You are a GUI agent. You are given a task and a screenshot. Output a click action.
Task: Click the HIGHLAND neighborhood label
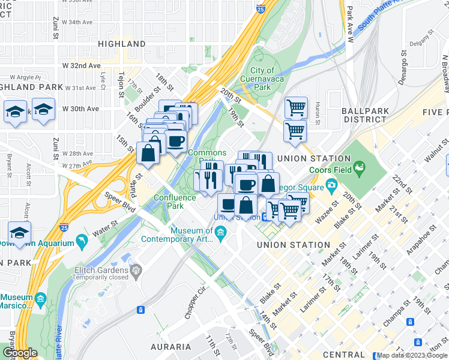pyautogui.click(x=122, y=44)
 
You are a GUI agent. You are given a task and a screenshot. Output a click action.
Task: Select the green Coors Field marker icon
pyautogui.click(x=360, y=166)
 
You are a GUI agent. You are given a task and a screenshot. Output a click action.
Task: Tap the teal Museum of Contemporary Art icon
pyautogui.click(x=220, y=232)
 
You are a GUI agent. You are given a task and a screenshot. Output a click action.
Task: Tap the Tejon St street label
pyautogui.click(x=121, y=85)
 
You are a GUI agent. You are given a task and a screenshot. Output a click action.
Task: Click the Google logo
pyautogui.click(x=20, y=353)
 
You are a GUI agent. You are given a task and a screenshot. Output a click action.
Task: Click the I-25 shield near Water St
pyautogui.click(x=64, y=227)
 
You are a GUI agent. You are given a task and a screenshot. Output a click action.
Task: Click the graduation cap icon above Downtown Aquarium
pyautogui.click(x=20, y=234)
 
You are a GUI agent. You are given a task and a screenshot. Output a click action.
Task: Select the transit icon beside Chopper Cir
pyautogui.click(x=140, y=310)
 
